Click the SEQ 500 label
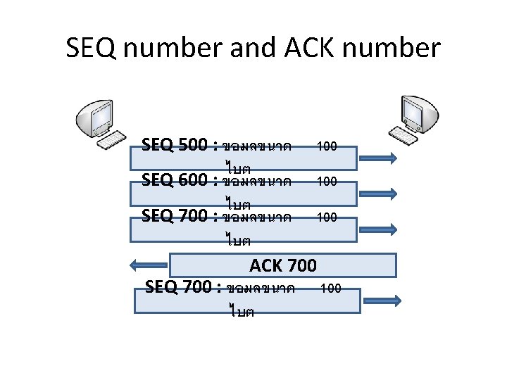175,145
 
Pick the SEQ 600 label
175,180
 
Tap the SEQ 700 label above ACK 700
175,215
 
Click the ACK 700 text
283,265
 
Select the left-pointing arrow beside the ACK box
149,265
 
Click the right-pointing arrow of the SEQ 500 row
380,158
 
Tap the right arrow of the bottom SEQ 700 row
382,300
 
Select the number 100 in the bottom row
330,288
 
